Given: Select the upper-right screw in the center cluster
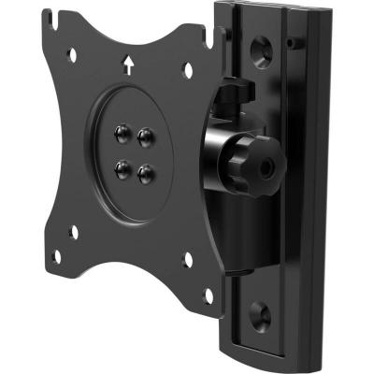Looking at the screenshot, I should (144, 137).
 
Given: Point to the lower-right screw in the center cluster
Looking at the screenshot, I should (144, 172).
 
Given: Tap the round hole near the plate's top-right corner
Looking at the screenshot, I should (187, 69).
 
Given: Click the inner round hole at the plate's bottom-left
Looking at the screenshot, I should (74, 231).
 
